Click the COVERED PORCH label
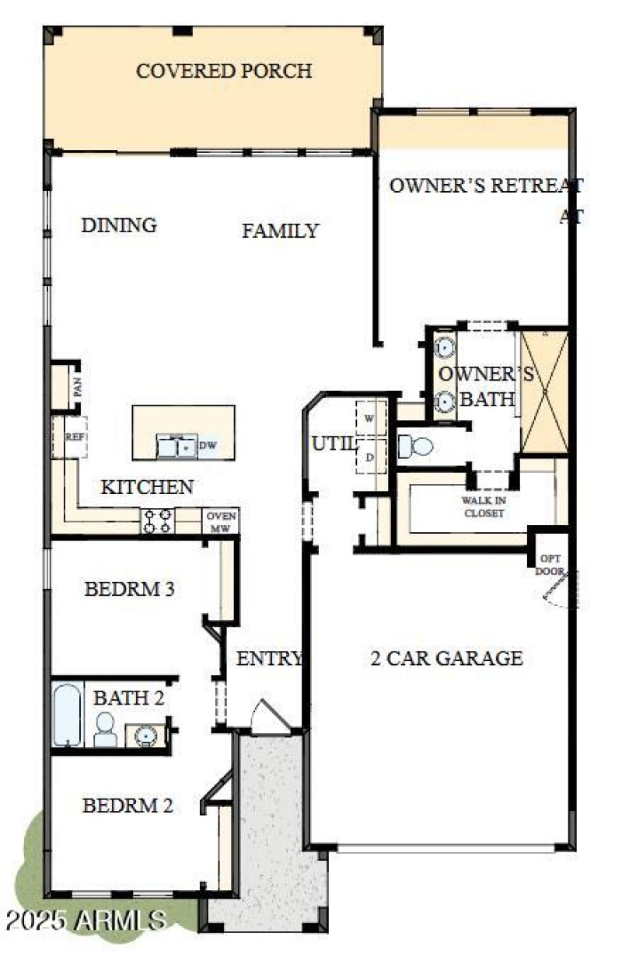tap(224, 71)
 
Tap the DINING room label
tap(119, 225)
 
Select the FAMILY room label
tap(280, 231)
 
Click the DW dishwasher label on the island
tap(207, 445)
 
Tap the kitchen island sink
tap(176, 446)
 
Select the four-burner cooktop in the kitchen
tap(157, 520)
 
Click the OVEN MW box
tap(220, 521)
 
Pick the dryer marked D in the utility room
tap(369, 458)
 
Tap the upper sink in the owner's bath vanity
tap(445, 346)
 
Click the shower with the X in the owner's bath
tap(544, 392)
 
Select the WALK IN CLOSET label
tap(484, 507)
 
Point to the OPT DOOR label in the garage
tap(550, 565)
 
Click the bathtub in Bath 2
tap(68, 714)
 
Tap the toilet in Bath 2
tap(105, 729)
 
